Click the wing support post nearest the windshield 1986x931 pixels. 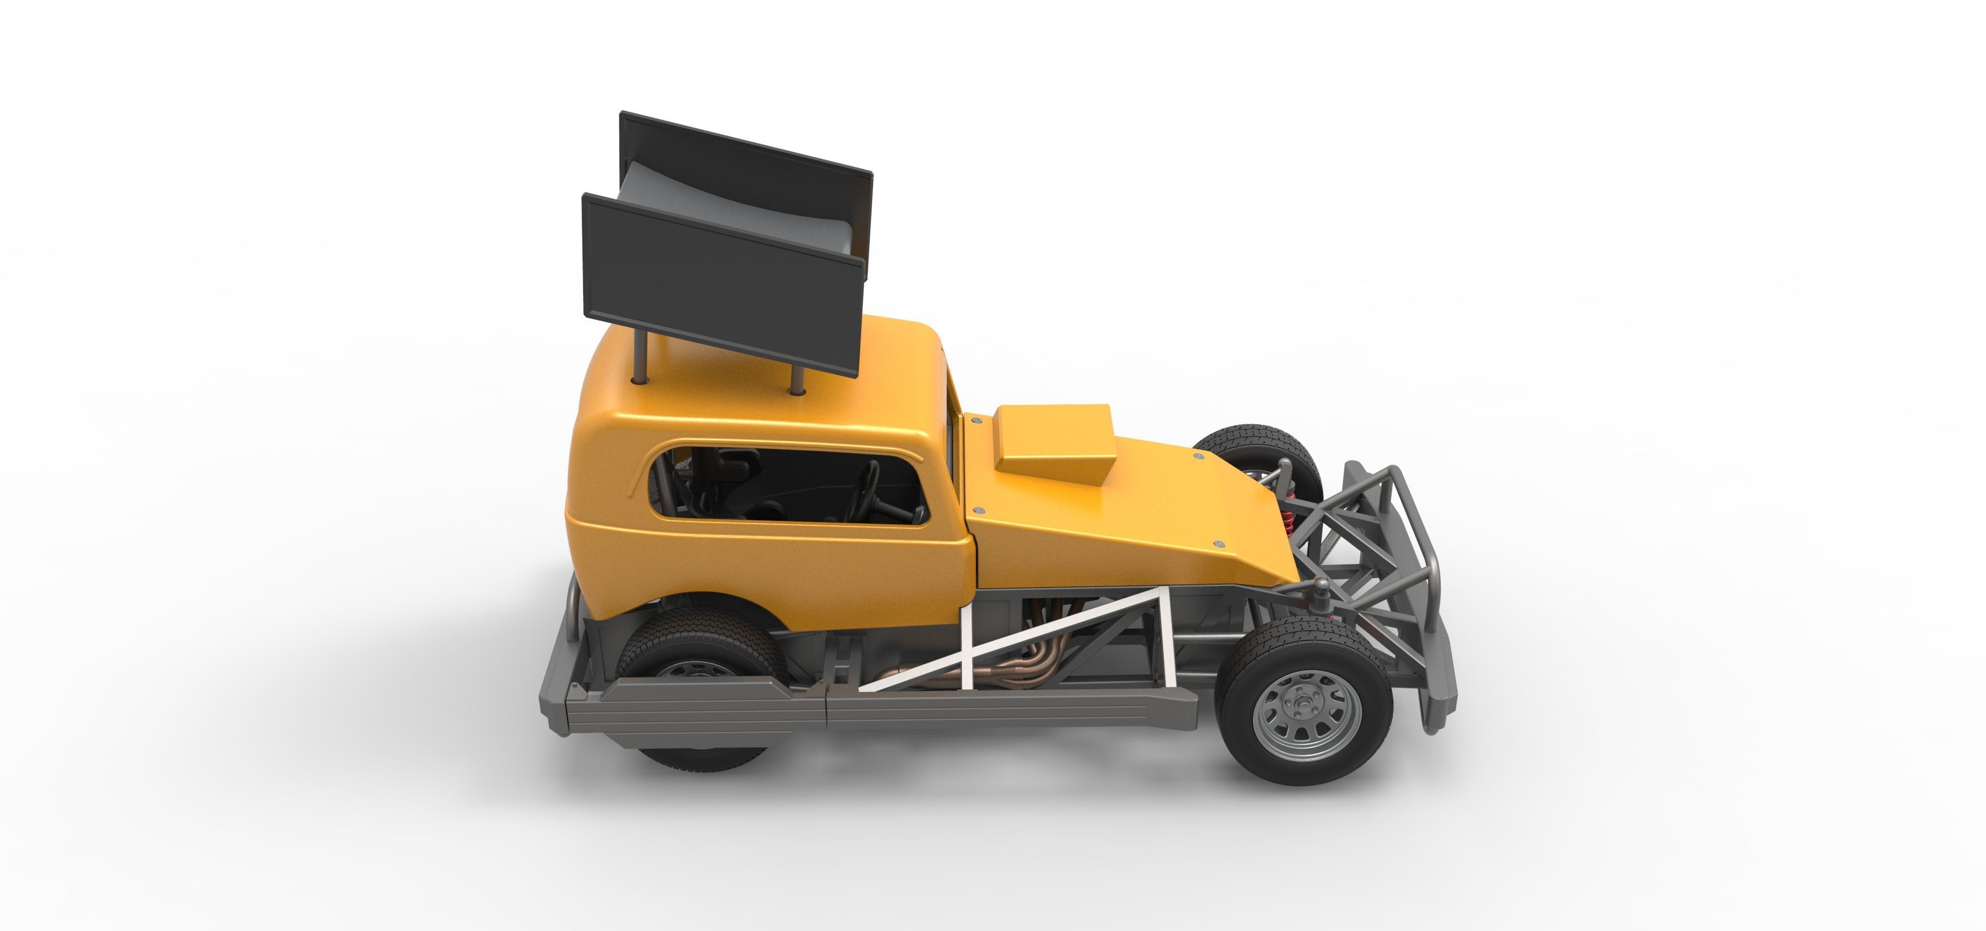[x=798, y=378]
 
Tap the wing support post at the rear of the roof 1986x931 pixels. [x=640, y=359]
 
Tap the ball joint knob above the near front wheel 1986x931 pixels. [x=1323, y=590]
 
